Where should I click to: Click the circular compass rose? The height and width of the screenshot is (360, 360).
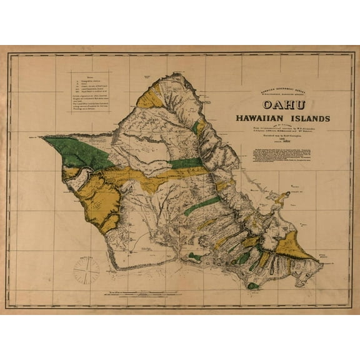click(86, 268)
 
